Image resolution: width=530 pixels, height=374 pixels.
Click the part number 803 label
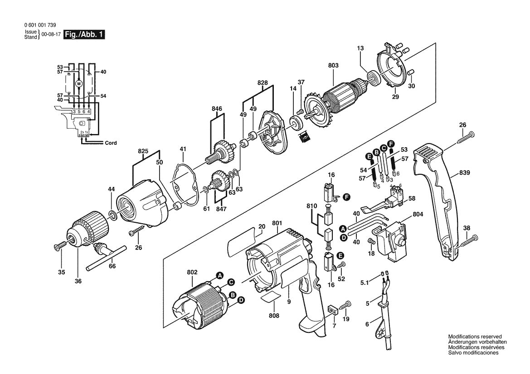tap(333, 66)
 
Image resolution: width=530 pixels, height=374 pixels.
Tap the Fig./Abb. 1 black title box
tap(84, 34)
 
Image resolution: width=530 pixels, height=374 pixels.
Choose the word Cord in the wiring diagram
tap(111, 143)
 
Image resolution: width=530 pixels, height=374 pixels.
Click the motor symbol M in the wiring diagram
tap(78, 84)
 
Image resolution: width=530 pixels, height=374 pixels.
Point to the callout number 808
tap(274, 315)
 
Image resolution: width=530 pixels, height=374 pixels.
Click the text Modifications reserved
tap(475, 337)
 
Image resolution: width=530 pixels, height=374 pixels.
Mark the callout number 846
tap(217, 109)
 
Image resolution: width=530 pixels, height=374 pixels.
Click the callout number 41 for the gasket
tap(183, 149)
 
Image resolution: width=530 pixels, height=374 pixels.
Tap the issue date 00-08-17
tap(50, 34)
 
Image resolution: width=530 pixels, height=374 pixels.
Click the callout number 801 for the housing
tap(277, 223)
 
